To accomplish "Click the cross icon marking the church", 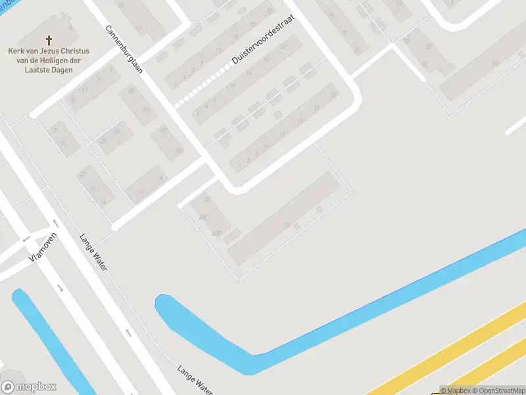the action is point(49,40).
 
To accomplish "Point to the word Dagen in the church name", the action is point(59,69).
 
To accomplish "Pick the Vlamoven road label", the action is point(44,248).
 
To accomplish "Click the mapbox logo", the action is point(29,387).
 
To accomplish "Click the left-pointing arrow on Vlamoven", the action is point(26,239).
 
